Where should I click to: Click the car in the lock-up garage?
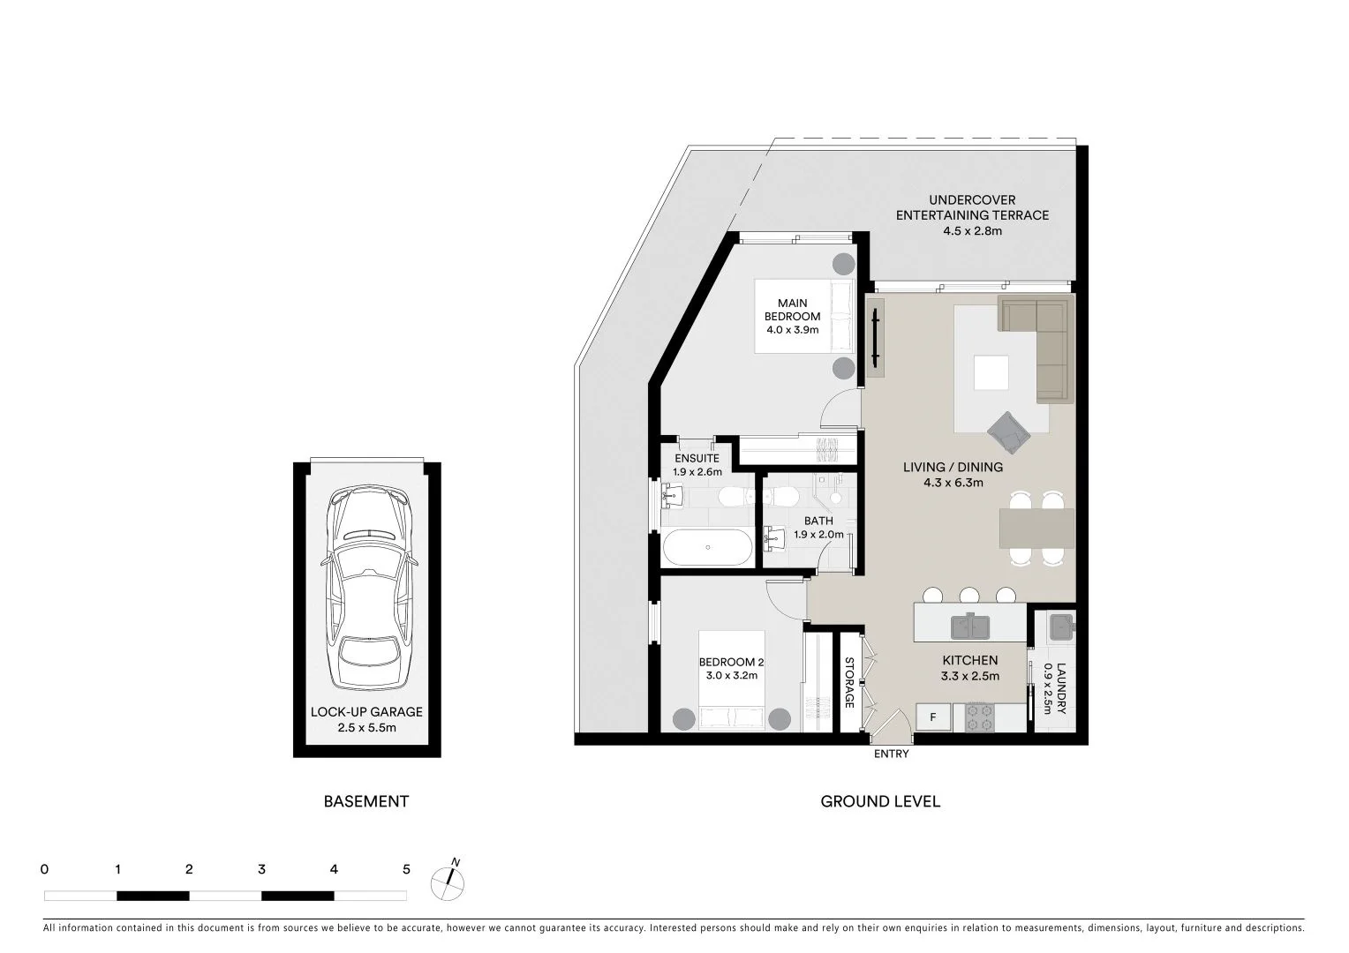tap(367, 589)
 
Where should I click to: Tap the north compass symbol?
tap(448, 881)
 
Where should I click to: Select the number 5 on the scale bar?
tap(406, 869)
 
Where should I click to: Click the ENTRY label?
tap(891, 754)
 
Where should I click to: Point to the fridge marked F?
tap(933, 717)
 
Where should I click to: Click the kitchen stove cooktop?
tap(979, 717)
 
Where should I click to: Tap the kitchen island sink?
tap(970, 626)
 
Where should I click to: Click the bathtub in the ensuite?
tap(707, 547)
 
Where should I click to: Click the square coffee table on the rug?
tap(991, 372)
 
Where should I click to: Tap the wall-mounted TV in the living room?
tap(875, 336)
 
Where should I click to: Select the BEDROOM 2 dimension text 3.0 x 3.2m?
tap(732, 676)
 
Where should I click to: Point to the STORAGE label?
tap(849, 682)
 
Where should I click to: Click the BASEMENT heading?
tap(366, 801)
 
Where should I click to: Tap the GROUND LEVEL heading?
tap(880, 801)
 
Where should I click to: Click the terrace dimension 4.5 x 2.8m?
tap(972, 231)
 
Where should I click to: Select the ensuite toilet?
tap(733, 499)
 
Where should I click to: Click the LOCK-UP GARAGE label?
tap(366, 712)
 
